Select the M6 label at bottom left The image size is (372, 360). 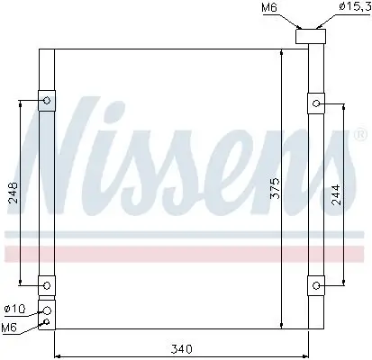[11, 326]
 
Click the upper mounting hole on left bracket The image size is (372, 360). [45, 101]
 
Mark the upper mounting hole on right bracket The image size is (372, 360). [316, 105]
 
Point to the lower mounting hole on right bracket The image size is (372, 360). [316, 286]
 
